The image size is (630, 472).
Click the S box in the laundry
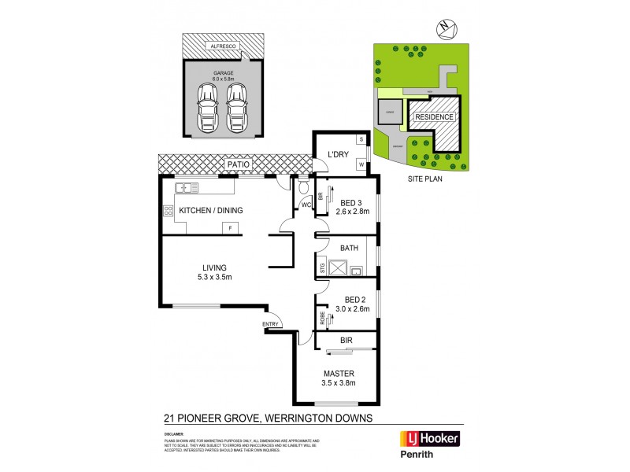(361, 139)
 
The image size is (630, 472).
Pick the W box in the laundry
(361, 165)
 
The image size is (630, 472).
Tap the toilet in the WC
(303, 189)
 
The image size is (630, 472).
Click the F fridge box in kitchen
(231, 228)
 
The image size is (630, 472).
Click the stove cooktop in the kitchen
(168, 211)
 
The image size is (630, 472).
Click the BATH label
(349, 248)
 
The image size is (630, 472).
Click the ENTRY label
(271, 323)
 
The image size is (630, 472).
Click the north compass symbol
(446, 28)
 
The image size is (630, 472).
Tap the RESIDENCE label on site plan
(435, 117)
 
